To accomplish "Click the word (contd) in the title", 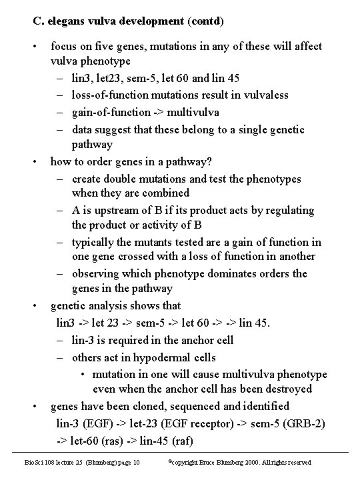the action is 206,21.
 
